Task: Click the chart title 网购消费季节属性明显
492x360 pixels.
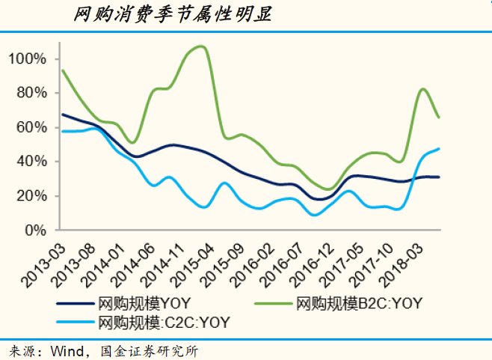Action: click(x=173, y=14)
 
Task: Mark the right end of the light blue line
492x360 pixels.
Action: click(x=439, y=148)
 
